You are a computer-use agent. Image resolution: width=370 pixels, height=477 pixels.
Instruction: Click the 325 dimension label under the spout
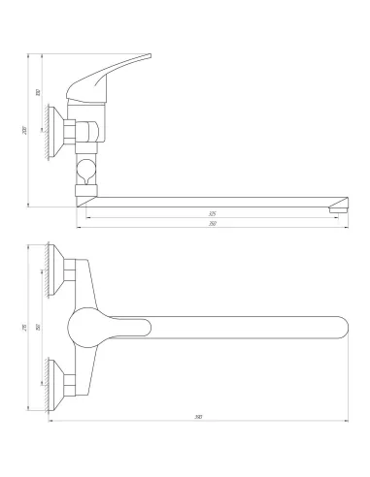click(x=212, y=213)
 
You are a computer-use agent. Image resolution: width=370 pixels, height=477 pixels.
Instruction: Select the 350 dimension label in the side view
click(x=212, y=224)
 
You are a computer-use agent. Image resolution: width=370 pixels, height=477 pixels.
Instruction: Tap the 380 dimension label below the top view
click(x=198, y=418)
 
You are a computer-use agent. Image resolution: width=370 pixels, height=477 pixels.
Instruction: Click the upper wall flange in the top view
click(x=68, y=271)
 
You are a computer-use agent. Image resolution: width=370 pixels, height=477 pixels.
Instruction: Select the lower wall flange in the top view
click(x=68, y=378)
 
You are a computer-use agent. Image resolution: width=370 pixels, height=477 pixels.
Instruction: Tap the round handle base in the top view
click(x=88, y=327)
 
